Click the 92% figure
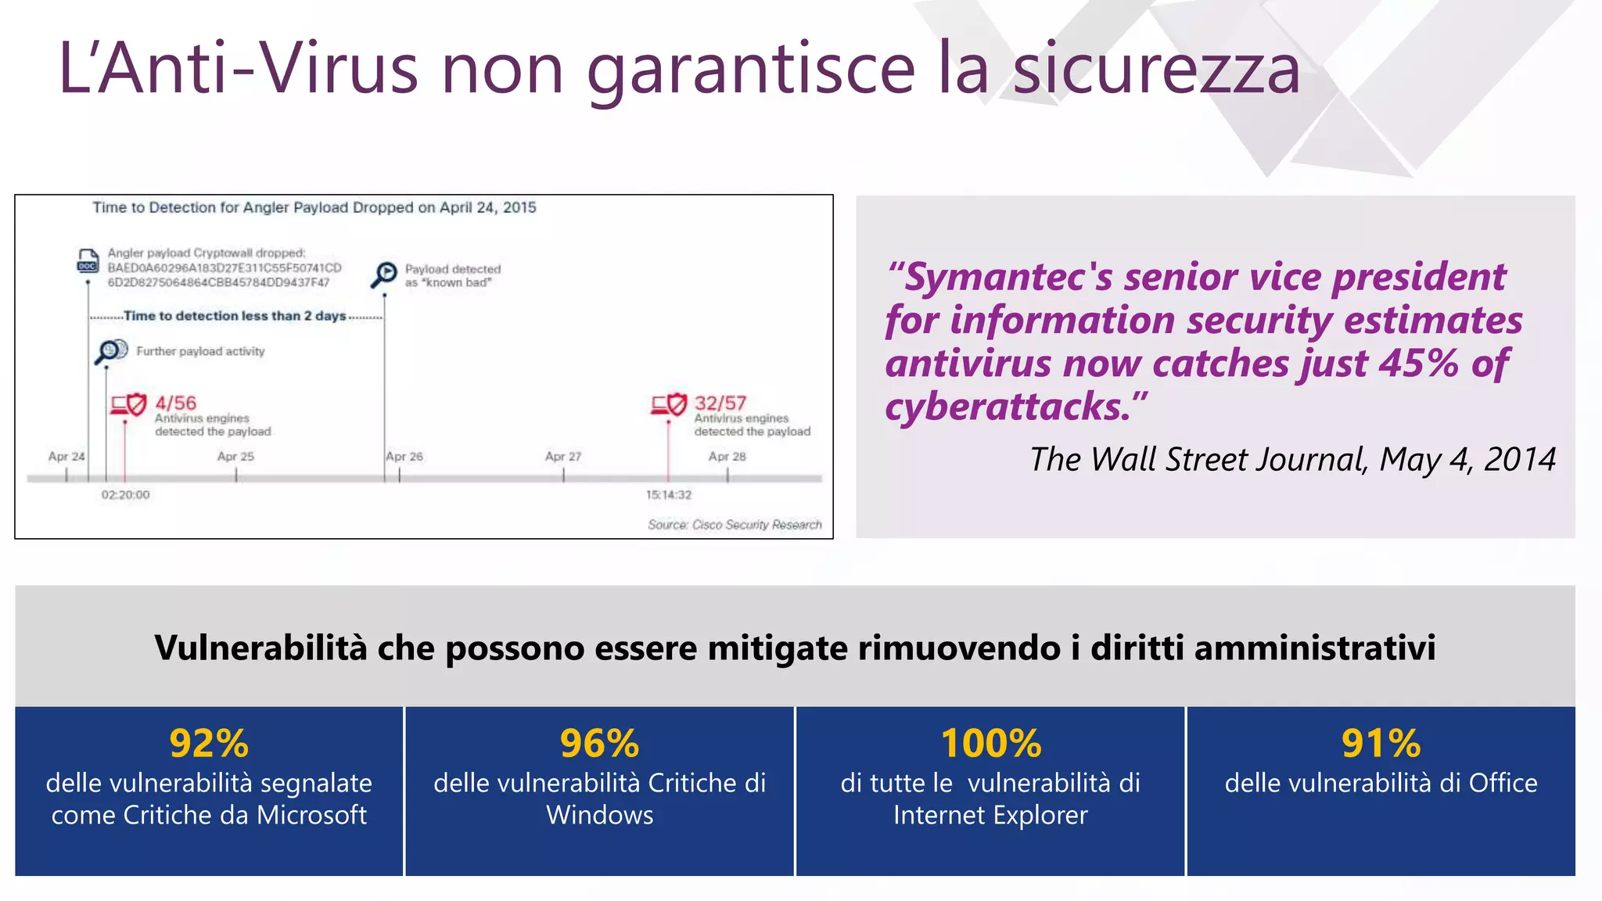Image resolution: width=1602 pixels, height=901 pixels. [x=209, y=743]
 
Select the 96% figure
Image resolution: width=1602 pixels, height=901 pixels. [x=599, y=743]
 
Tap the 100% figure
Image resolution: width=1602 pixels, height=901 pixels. [x=990, y=743]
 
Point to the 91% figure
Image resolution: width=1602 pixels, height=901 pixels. [x=1381, y=743]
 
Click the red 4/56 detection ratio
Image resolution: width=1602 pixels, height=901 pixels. [x=175, y=403]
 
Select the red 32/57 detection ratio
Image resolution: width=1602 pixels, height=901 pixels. [x=720, y=403]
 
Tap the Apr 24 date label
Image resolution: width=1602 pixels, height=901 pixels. [x=66, y=456]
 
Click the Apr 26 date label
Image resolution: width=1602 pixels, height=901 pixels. [x=404, y=456]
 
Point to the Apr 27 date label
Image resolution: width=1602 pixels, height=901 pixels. [x=563, y=456]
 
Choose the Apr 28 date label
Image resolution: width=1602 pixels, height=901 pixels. [x=727, y=456]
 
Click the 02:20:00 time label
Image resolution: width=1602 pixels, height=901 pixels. [x=125, y=494]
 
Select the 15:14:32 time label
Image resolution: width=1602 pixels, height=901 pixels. [x=669, y=494]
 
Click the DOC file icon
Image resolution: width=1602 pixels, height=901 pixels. [x=88, y=260]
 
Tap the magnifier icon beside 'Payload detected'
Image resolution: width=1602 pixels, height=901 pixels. [x=385, y=274]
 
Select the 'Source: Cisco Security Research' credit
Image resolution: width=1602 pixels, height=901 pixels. [x=735, y=525]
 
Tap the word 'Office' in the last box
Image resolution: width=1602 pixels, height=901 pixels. [x=1503, y=783]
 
